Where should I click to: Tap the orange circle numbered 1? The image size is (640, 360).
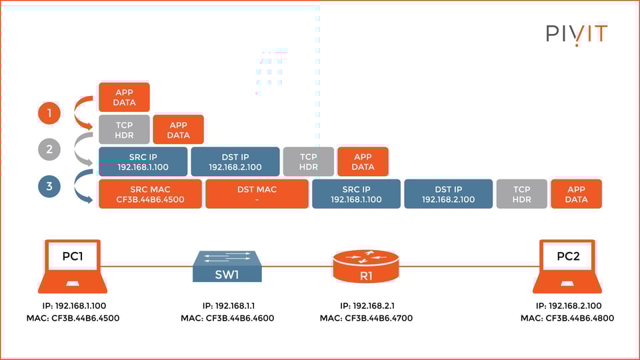pyautogui.click(x=49, y=113)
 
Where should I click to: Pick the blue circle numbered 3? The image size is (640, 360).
pyautogui.click(x=49, y=186)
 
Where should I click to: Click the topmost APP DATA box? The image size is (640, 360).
pyautogui.click(x=124, y=97)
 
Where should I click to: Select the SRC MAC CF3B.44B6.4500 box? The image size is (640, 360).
pyautogui.click(x=150, y=194)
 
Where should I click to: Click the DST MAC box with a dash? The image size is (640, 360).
pyautogui.click(x=257, y=194)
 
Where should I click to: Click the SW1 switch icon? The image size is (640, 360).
pyautogui.click(x=227, y=267)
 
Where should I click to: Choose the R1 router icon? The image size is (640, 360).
pyautogui.click(x=365, y=266)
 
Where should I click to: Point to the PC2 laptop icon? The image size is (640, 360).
pyautogui.click(x=567, y=267)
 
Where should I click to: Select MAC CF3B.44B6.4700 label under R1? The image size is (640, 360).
pyautogui.click(x=366, y=318)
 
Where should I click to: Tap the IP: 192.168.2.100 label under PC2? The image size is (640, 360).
pyautogui.click(x=567, y=305)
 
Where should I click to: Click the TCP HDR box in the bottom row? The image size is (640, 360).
pyautogui.click(x=521, y=194)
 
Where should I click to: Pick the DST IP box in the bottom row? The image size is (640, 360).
pyautogui.click(x=448, y=194)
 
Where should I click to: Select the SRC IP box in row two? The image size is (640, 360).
pyautogui.click(x=142, y=162)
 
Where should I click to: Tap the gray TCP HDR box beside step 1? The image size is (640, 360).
pyautogui.click(x=124, y=129)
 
